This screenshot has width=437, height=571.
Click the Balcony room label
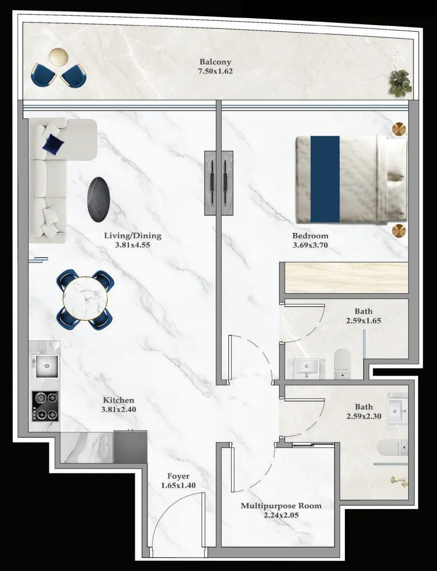(x=215, y=62)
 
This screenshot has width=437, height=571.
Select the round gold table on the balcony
(x=59, y=57)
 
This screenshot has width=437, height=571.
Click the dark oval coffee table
(x=99, y=199)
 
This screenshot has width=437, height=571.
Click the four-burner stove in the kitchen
(x=45, y=406)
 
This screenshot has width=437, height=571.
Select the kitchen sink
(x=45, y=366)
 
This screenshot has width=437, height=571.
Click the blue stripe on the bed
(x=325, y=179)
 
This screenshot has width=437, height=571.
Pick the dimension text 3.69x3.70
(x=310, y=246)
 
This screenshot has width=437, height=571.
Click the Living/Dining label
(x=132, y=236)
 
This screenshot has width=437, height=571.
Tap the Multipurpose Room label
(x=281, y=506)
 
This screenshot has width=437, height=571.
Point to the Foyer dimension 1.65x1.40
(x=178, y=486)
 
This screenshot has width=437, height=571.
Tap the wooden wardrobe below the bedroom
(x=346, y=278)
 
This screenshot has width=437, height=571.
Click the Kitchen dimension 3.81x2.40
(x=118, y=409)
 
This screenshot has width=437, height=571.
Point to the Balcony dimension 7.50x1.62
(x=215, y=71)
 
